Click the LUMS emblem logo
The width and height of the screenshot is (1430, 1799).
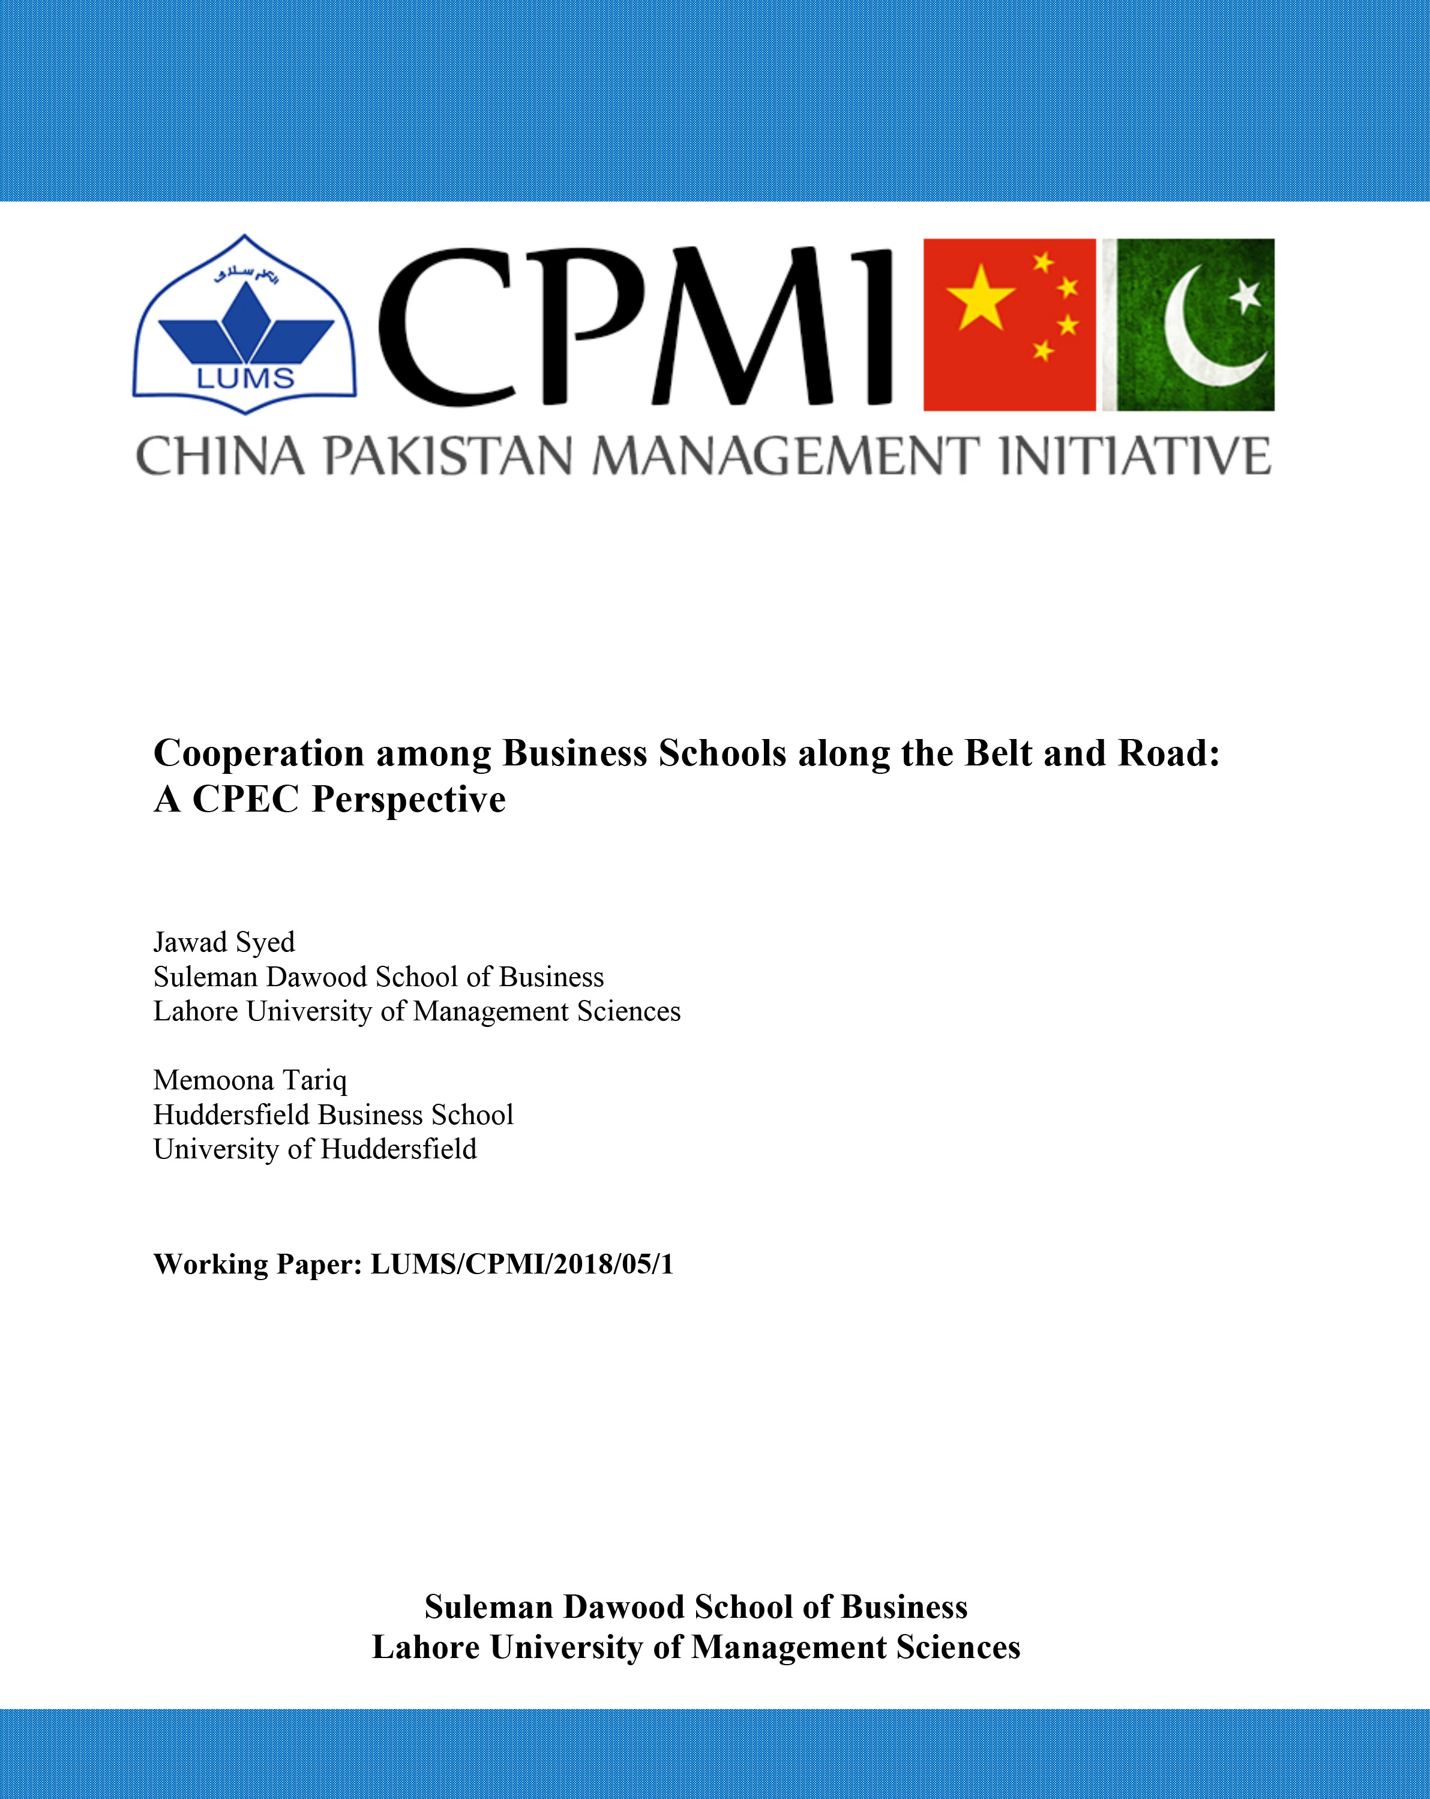click(x=245, y=325)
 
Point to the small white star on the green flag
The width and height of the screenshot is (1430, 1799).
click(x=1246, y=295)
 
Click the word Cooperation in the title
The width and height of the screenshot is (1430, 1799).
click(x=259, y=753)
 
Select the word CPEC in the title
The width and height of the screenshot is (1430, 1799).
click(x=245, y=800)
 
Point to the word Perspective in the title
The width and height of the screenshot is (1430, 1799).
click(x=409, y=800)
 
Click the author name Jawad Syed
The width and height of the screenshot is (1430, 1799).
click(x=224, y=942)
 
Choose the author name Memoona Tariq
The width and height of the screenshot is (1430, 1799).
click(x=250, y=1080)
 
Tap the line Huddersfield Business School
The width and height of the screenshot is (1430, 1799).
click(x=333, y=1115)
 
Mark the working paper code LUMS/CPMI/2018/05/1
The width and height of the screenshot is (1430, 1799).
click(x=521, y=1264)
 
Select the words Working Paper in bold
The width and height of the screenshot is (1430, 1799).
click(x=257, y=1264)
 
